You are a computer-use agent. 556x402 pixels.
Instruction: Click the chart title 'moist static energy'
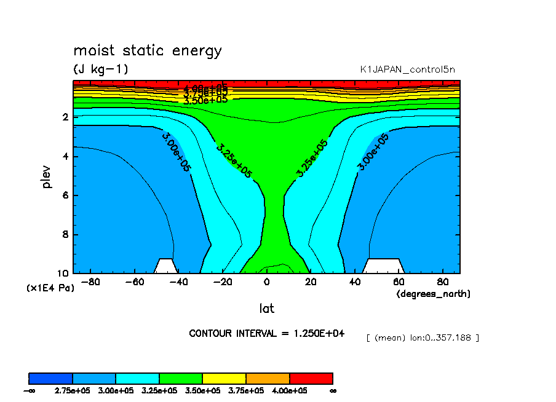pos(147,50)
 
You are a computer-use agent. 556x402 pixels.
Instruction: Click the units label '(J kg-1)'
pos(101,69)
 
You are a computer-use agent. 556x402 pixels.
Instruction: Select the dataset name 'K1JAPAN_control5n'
pos(408,69)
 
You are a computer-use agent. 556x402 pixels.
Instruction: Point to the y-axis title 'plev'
pos(47,176)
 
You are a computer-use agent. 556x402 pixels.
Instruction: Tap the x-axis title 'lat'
pos(266,309)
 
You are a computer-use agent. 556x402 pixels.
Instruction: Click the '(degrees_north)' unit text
pos(433,294)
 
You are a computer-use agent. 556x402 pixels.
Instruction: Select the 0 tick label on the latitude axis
pos(266,283)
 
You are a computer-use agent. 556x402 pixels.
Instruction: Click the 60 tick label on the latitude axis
pos(399,283)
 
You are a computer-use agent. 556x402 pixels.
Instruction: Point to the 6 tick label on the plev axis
pos(66,195)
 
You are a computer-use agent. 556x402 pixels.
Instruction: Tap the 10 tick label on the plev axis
pos(63,274)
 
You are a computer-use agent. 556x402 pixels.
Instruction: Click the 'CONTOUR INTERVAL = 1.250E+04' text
pos(266,333)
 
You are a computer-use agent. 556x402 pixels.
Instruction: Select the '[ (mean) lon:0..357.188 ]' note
pos(422,337)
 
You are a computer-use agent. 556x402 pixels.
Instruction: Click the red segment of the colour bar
pos(311,378)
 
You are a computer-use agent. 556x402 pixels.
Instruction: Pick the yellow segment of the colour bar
pos(224,378)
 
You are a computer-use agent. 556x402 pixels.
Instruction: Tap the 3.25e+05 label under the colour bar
pos(159,390)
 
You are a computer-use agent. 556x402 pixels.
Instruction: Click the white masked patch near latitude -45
pos(165,266)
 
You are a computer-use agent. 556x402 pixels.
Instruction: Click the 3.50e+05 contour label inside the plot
pos(205,100)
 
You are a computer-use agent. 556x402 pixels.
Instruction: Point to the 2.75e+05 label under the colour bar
pos(73,390)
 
